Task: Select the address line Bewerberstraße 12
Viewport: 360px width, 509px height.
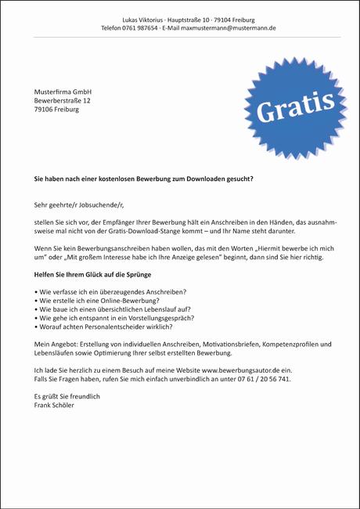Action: point(63,100)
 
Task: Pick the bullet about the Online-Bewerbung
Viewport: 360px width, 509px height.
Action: point(97,300)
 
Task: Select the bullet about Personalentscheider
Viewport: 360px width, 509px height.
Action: point(103,327)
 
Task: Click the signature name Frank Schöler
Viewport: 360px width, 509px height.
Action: point(56,405)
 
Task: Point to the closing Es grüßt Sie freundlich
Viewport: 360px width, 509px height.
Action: point(67,396)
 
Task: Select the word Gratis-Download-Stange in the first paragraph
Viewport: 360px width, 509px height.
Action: point(151,232)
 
